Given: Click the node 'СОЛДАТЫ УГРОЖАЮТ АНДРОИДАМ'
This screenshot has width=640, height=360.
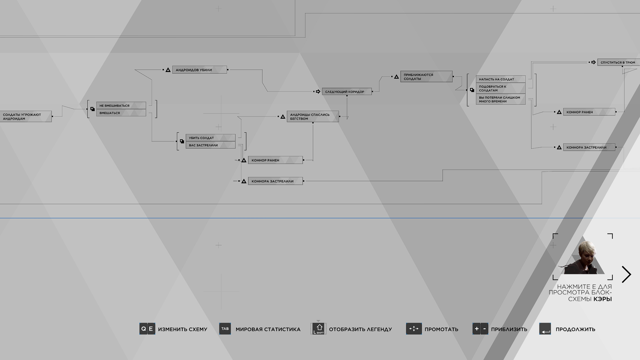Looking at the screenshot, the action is [26, 116].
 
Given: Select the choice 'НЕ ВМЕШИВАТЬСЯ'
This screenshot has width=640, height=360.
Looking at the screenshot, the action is [121, 105].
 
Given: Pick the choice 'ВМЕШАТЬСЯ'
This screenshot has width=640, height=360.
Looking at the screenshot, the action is [121, 113].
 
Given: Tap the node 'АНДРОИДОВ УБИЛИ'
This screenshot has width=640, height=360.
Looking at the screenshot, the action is [200, 70].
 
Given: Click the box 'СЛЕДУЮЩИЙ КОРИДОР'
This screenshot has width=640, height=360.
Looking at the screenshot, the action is [347, 91].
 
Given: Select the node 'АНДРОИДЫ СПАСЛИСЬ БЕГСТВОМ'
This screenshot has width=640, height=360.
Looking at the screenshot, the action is [313, 116].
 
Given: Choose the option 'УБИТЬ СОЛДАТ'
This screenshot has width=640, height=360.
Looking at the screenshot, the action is [210, 138].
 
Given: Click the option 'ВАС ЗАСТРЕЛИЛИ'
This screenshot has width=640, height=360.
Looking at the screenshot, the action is [210, 145].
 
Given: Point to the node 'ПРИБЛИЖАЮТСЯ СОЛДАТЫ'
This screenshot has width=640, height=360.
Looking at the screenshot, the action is [426, 76].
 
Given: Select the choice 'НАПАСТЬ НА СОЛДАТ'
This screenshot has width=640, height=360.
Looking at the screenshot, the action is [501, 79].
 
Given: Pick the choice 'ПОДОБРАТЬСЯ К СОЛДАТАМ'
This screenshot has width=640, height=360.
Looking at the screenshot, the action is [501, 88].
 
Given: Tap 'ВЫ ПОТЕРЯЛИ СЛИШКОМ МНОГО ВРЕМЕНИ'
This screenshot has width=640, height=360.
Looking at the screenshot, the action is [501, 99].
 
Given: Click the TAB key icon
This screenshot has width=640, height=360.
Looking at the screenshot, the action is [225, 329].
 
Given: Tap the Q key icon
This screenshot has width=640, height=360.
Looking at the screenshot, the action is [143, 329].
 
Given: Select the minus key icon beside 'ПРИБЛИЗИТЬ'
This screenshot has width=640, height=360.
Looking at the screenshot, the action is [484, 329].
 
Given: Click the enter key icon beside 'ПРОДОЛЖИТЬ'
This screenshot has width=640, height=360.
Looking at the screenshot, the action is [545, 329].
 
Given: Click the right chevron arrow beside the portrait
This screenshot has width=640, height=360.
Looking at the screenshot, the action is [627, 274].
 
